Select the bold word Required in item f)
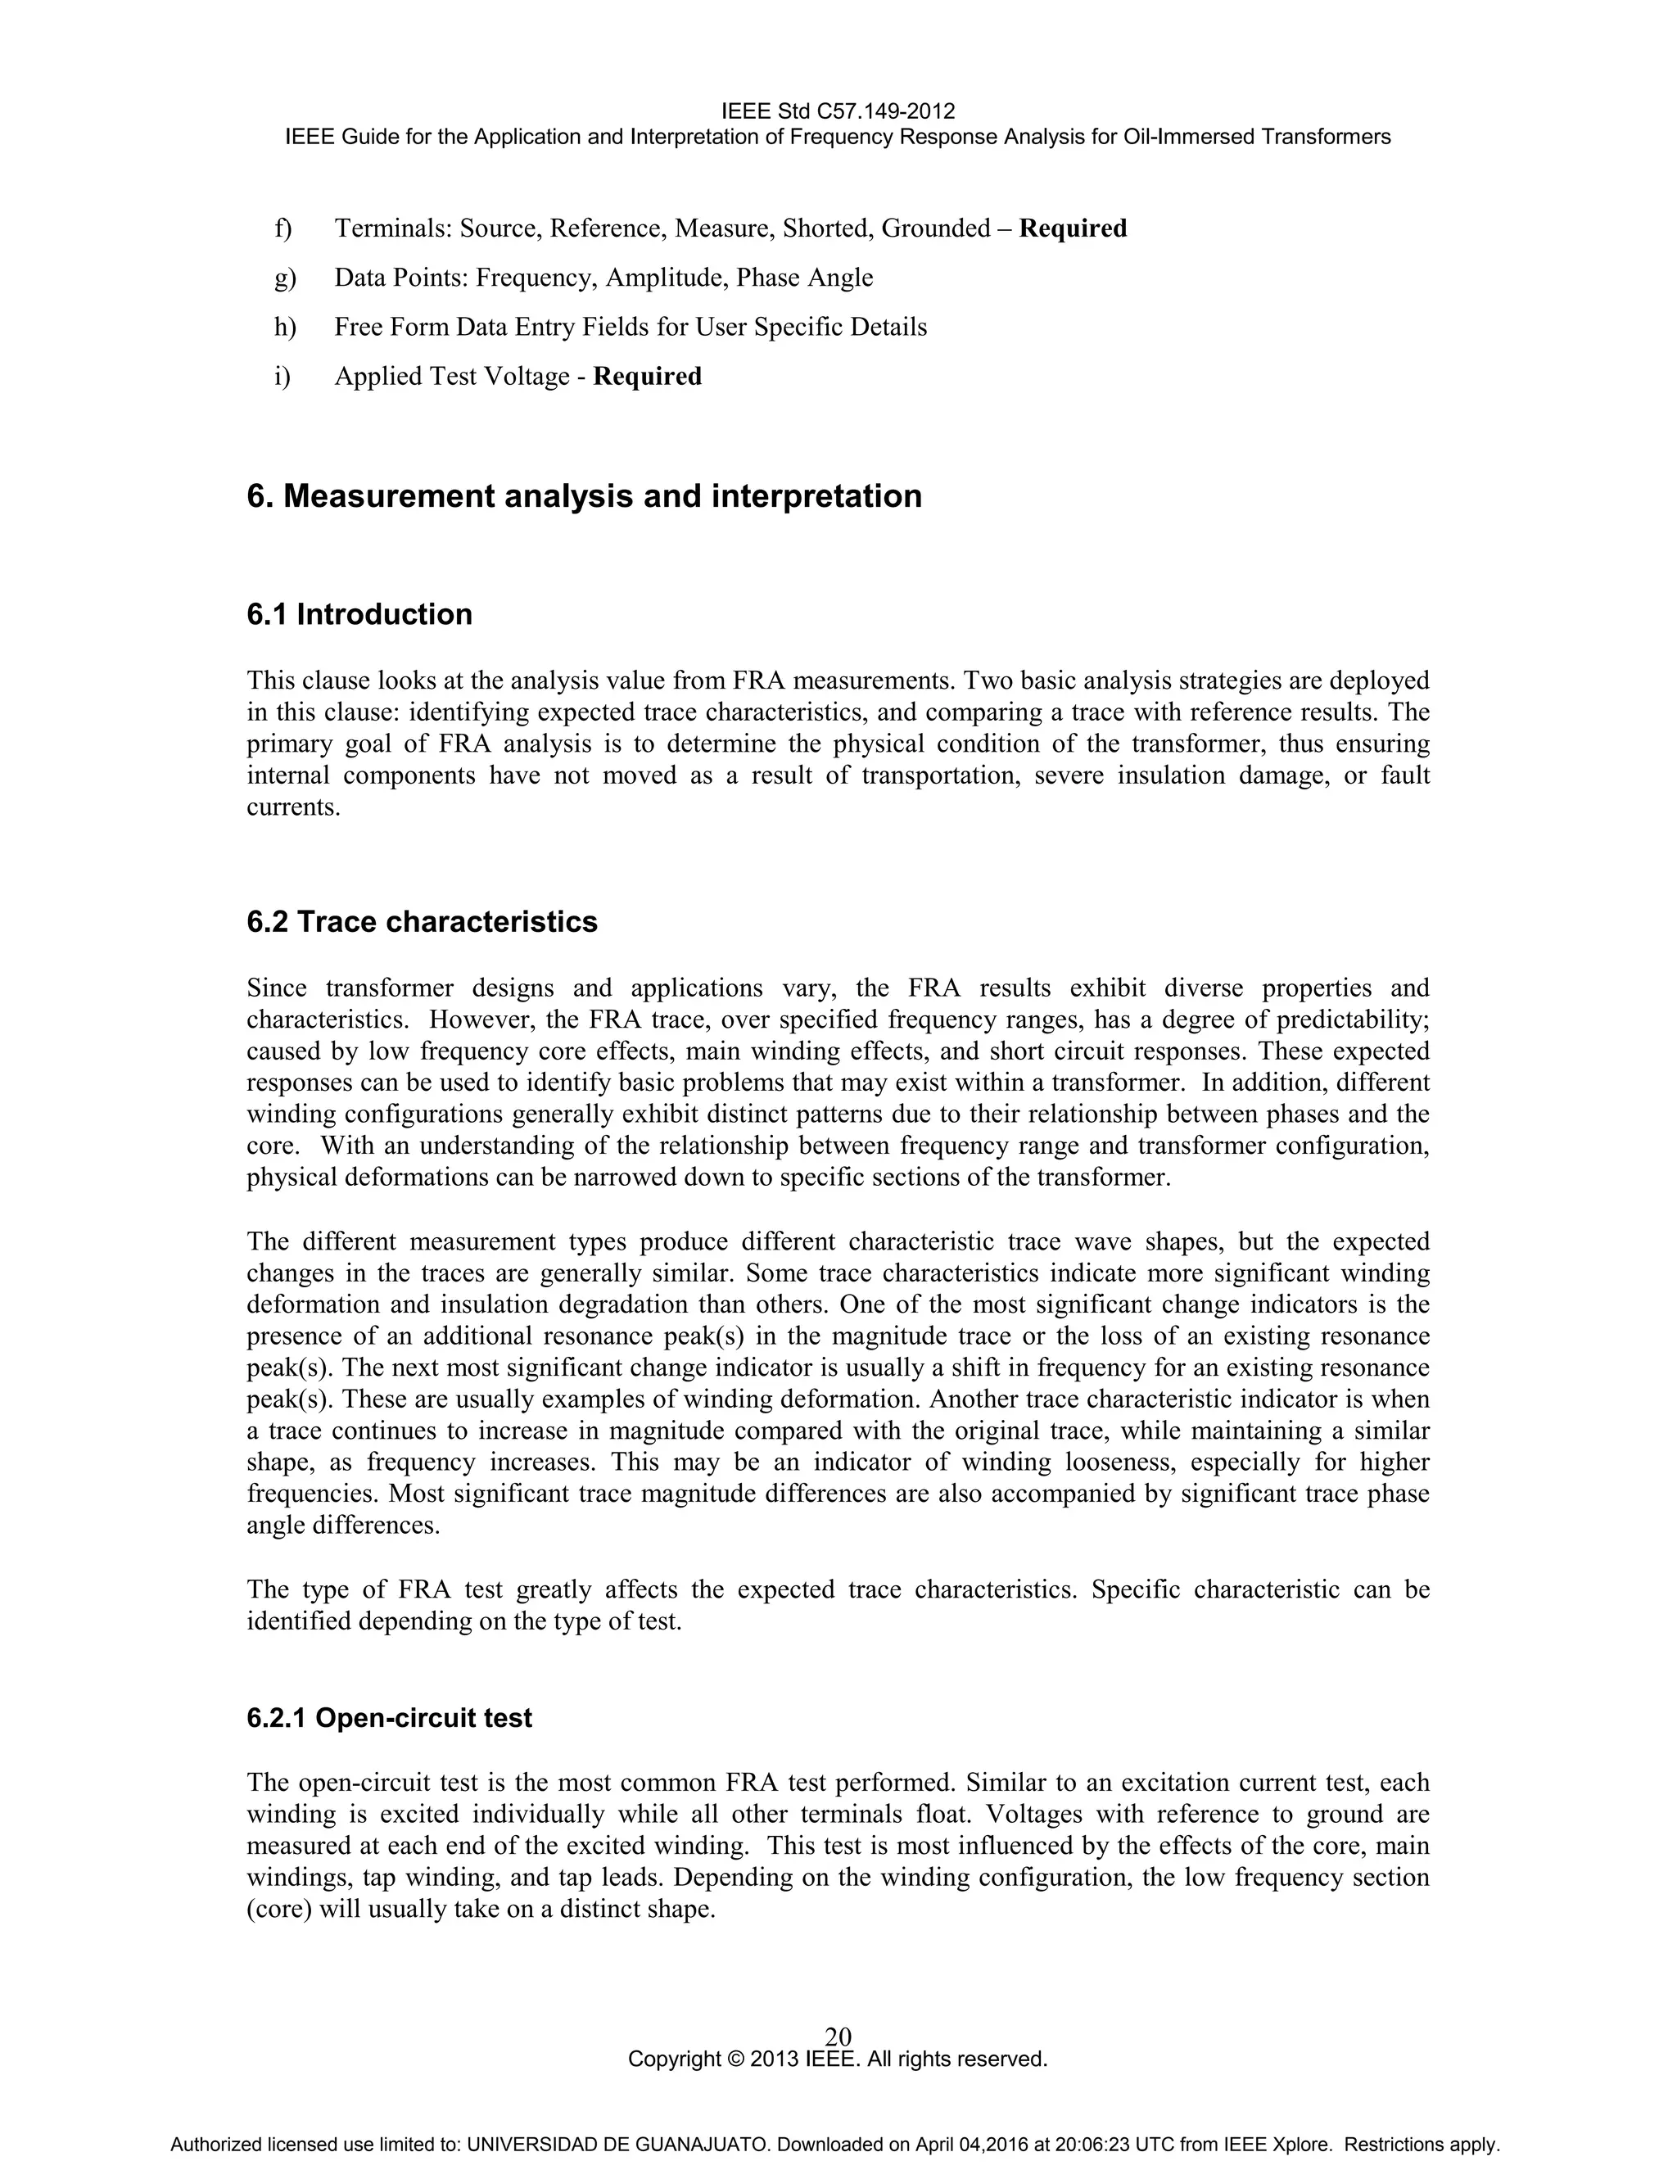click(1073, 228)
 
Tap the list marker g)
click(285, 278)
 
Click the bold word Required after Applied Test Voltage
click(647, 377)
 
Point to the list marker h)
click(285, 327)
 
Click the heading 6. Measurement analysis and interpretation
click(584, 495)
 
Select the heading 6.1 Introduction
click(359, 614)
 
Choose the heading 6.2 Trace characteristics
click(423, 922)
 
